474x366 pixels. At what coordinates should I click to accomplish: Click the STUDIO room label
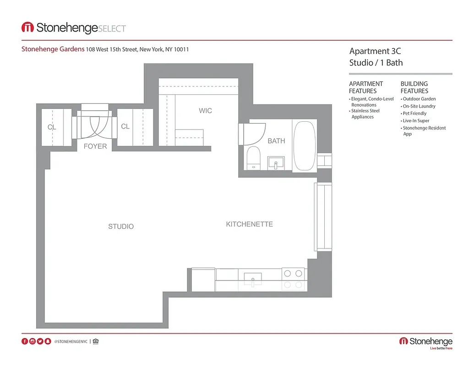click(121, 226)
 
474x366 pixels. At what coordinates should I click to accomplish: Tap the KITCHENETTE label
click(249, 224)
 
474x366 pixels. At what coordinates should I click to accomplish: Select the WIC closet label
click(205, 111)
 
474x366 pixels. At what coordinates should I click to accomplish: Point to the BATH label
click(276, 141)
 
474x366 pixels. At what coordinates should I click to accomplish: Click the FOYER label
click(95, 146)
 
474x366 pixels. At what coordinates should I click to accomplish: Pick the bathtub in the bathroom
click(304, 145)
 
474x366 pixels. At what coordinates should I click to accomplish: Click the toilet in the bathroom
click(253, 158)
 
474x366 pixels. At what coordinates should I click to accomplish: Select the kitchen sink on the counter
click(252, 278)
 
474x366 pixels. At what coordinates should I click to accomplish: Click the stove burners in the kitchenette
click(293, 274)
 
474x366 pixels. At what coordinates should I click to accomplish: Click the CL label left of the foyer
click(52, 127)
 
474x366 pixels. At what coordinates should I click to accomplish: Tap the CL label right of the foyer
click(125, 126)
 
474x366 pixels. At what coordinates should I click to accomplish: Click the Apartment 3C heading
click(375, 51)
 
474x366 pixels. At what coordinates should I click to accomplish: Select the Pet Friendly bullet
click(414, 113)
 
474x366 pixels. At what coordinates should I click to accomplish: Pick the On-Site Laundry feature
click(419, 106)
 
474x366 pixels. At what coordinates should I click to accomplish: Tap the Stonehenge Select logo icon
click(27, 27)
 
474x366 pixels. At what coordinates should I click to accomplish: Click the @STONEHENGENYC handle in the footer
click(71, 341)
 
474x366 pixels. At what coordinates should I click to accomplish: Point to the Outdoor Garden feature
click(419, 99)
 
